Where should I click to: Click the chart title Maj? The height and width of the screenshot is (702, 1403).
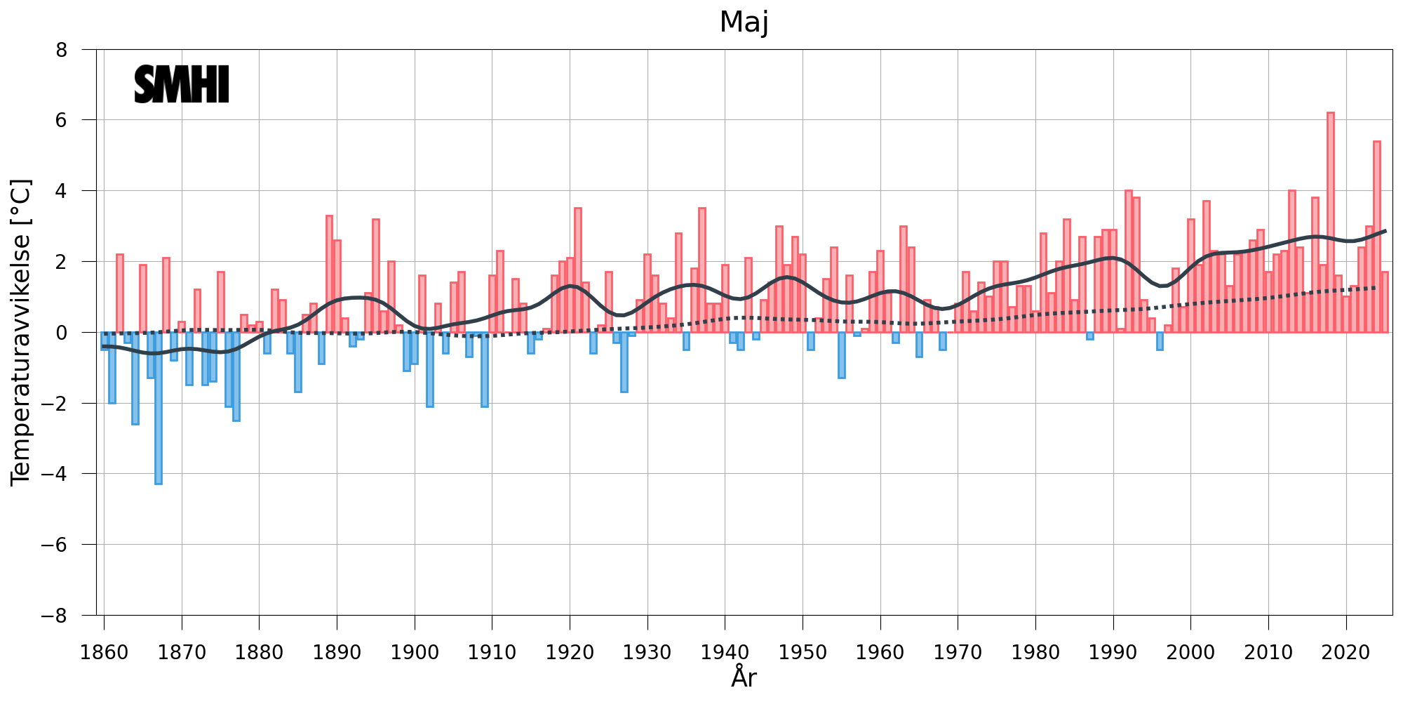coord(744,22)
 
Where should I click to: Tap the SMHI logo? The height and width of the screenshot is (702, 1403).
coord(182,85)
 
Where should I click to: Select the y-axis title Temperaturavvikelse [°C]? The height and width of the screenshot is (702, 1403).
coord(21,332)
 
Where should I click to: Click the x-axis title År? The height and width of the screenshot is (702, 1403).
coord(744,677)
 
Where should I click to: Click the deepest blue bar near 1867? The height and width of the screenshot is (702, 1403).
coord(159,408)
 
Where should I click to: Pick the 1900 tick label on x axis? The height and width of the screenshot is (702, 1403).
coord(415,653)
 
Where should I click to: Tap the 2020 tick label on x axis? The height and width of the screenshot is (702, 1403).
coord(1346,653)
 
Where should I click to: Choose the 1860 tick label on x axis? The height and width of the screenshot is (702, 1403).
coord(104,653)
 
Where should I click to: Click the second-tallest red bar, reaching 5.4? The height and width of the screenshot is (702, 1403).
coord(1377,237)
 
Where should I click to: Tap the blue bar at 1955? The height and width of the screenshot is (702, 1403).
coord(842,355)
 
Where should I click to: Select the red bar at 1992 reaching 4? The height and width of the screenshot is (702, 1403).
coord(1129,261)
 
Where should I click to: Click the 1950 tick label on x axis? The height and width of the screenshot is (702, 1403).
coord(803,653)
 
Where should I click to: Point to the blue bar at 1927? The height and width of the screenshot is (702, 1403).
coord(624,362)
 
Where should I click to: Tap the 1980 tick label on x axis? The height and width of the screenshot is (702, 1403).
coord(1035,653)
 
